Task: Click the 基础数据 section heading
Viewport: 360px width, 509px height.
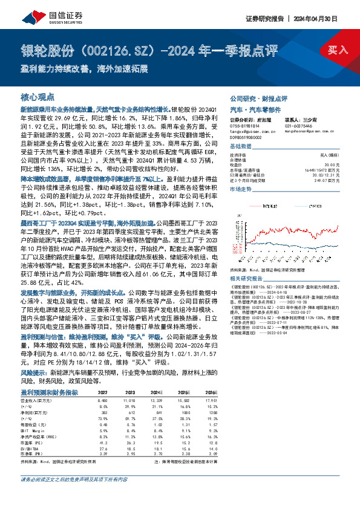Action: tap(241, 147)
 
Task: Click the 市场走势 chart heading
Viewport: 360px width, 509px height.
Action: tap(241, 189)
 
